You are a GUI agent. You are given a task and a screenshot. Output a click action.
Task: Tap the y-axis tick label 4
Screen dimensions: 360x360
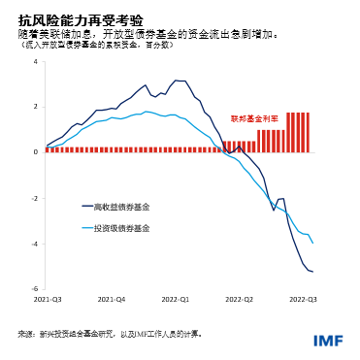(35, 62)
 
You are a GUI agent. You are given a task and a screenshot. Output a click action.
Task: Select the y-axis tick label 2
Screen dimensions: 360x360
(35, 107)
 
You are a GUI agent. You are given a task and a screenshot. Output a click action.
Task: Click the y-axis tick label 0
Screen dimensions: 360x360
(35, 152)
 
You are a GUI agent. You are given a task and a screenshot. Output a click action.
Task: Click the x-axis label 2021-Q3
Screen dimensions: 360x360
(49, 300)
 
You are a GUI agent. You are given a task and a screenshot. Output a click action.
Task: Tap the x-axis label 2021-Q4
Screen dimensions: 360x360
(113, 300)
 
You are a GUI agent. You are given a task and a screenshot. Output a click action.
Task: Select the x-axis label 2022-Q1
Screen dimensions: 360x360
(176, 300)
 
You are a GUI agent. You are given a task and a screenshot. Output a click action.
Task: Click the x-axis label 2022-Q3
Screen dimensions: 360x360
(304, 300)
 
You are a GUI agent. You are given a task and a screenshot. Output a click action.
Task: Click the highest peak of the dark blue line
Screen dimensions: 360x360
(176, 81)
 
